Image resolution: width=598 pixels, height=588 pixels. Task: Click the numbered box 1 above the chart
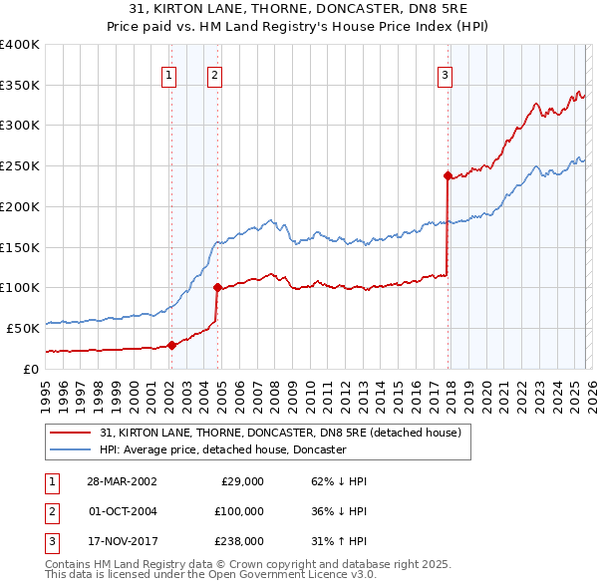pos(169,74)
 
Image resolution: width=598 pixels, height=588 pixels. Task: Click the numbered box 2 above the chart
pos(214,74)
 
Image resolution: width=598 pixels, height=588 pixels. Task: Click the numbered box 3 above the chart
pos(445,74)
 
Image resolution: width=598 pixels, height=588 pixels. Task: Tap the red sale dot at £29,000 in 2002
pos(171,345)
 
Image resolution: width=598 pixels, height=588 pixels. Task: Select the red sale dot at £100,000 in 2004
pos(216,288)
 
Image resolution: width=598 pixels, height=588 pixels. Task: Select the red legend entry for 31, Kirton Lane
pos(280,434)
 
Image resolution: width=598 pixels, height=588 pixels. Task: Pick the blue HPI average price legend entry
pos(222,450)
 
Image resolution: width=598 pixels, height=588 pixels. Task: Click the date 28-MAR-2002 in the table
pos(123,481)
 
